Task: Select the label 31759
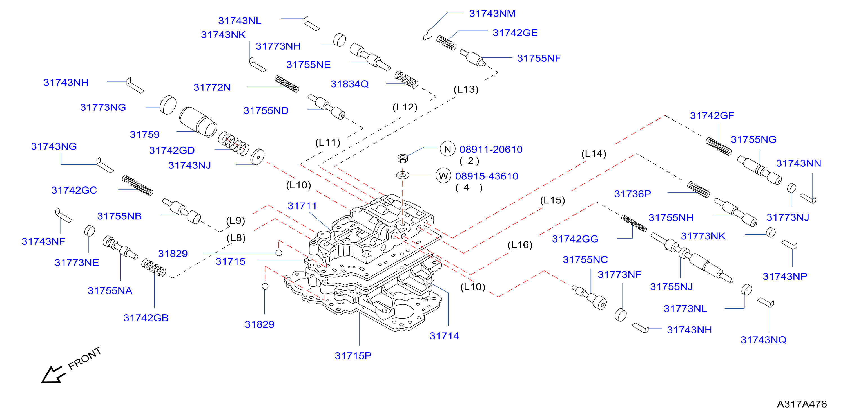(x=145, y=134)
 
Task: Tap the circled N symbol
(x=448, y=149)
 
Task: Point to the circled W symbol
(x=443, y=176)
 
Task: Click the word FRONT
(x=84, y=359)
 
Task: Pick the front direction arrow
(x=52, y=375)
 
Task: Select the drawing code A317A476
(x=802, y=404)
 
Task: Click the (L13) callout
(x=466, y=89)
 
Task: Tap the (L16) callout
(x=520, y=245)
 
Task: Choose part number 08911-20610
(x=491, y=150)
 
